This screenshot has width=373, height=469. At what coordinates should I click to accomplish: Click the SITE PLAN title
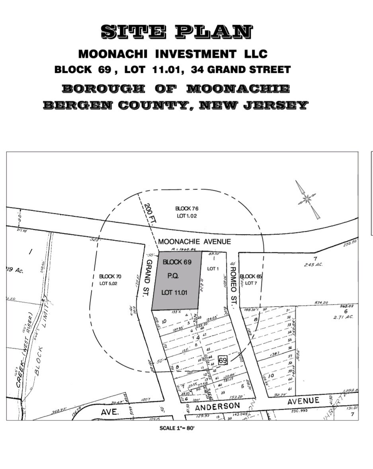click(x=176, y=32)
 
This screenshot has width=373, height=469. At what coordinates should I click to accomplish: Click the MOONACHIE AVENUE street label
click(x=194, y=241)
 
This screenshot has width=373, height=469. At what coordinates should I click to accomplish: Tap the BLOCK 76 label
click(x=187, y=208)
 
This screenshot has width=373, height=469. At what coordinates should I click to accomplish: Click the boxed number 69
click(x=223, y=360)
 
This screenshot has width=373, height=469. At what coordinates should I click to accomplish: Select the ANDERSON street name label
click(x=218, y=406)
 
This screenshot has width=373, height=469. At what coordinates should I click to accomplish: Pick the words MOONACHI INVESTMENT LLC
click(x=173, y=53)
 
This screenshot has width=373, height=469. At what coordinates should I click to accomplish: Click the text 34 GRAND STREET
click(x=240, y=70)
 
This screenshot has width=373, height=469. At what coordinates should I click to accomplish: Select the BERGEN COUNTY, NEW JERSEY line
click(x=176, y=106)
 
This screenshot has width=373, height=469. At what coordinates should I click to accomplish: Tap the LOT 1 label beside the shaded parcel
click(x=213, y=269)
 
